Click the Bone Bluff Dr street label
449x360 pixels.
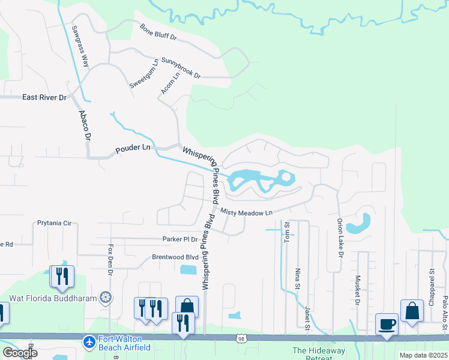158,32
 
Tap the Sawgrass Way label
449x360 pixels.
80,46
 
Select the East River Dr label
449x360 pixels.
44,97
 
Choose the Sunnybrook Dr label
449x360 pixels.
180,68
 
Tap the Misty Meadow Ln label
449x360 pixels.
246,212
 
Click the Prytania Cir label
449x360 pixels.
54,223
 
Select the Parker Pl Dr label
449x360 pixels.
180,239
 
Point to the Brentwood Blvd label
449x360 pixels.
174,257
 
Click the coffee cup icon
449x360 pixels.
386,323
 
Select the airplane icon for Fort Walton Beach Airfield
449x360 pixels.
89,341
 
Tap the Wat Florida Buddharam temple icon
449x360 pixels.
106,298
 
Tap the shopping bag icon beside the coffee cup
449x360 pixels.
412,310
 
